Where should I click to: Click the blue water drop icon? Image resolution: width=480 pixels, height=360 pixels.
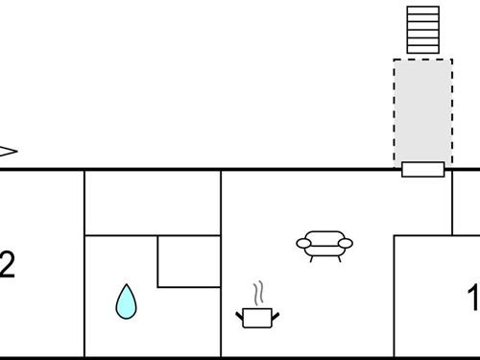pos(126,301)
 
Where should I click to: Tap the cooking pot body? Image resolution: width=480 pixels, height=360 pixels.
pos(255,318)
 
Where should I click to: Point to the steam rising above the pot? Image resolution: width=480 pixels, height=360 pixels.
pos(256,293)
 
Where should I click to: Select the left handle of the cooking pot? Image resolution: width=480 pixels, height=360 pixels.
pos(239,313)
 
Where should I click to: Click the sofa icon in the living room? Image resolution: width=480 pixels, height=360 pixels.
pos(324,244)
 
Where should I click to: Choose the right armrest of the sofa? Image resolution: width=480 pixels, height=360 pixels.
pos(348,243)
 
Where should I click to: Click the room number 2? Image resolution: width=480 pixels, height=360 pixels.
pos(7,266)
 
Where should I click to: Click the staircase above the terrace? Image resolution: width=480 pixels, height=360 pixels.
pos(422,30)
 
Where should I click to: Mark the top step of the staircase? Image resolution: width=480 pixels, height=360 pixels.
pos(422,10)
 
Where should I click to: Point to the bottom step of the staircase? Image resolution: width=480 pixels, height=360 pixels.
pos(422,49)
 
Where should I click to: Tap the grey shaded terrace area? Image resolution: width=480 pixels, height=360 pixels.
pos(422,110)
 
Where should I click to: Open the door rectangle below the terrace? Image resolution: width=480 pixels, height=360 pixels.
pos(422,170)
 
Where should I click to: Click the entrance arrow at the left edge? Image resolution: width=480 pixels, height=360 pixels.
pos(8,151)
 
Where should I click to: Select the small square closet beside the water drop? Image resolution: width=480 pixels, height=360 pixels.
pos(188,260)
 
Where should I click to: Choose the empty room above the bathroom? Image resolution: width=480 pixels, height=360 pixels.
pos(153,202)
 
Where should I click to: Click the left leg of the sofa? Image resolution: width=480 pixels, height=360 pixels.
pos(310,257)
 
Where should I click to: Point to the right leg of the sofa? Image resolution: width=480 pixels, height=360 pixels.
pos(339,257)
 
